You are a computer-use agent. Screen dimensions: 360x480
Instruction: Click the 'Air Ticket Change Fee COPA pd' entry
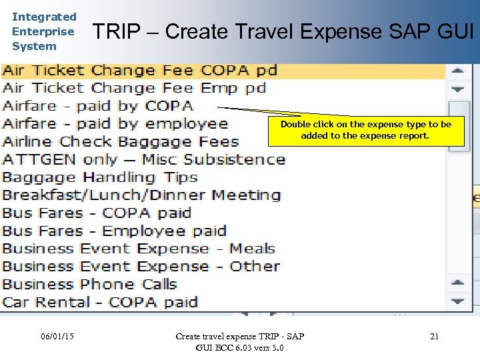[139, 71]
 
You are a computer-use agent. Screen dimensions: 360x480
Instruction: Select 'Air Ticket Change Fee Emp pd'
[134, 88]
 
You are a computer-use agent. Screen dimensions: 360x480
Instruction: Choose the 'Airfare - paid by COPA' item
[97, 106]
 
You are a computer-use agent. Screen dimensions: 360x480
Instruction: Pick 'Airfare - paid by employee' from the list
[115, 124]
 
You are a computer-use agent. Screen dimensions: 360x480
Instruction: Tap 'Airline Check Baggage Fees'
[120, 141]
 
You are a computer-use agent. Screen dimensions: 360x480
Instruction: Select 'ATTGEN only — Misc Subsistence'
[143, 159]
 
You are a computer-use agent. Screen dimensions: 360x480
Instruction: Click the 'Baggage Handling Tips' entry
[100, 177]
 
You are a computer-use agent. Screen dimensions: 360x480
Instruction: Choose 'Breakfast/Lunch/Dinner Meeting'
[141, 195]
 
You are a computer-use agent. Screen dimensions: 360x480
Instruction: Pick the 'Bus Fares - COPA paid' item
[97, 213]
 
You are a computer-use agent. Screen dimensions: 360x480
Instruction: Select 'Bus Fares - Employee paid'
[114, 231]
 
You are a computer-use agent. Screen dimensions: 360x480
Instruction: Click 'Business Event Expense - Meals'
[139, 249]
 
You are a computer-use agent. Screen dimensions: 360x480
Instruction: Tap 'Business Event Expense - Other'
[141, 267]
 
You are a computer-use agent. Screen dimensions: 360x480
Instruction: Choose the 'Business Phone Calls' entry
[89, 284]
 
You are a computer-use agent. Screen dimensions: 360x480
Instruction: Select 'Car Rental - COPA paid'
[100, 302]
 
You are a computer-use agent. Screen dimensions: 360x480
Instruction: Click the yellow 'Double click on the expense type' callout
[365, 130]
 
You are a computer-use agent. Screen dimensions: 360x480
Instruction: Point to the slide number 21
[434, 337]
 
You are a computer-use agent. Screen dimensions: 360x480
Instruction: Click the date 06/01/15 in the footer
[57, 336]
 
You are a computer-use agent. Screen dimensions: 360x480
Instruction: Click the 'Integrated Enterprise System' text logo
[44, 31]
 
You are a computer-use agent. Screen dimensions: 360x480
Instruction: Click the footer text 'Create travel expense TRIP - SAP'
[239, 336]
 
